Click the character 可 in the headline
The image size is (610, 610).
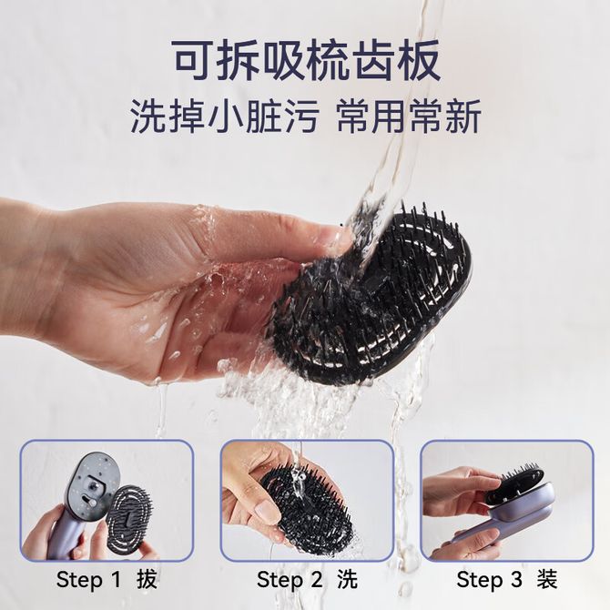pyautogui.click(x=194, y=60)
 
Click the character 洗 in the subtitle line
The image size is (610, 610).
pyautogui.click(x=147, y=116)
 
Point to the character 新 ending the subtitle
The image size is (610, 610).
pyautogui.click(x=463, y=116)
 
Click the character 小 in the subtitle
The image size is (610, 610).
pyautogui.click(x=225, y=116)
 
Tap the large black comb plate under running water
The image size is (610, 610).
pyautogui.click(x=371, y=297)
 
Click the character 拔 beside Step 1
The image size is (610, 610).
pyautogui.click(x=147, y=580)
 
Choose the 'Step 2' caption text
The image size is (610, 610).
pyautogui.click(x=290, y=580)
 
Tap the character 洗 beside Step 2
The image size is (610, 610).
pyautogui.click(x=347, y=580)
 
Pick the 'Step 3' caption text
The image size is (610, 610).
pyautogui.click(x=489, y=580)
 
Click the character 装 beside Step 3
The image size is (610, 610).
pyautogui.click(x=547, y=580)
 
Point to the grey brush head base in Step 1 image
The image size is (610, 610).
pyautogui.click(x=95, y=483)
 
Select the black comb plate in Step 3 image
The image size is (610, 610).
pyautogui.click(x=514, y=483)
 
